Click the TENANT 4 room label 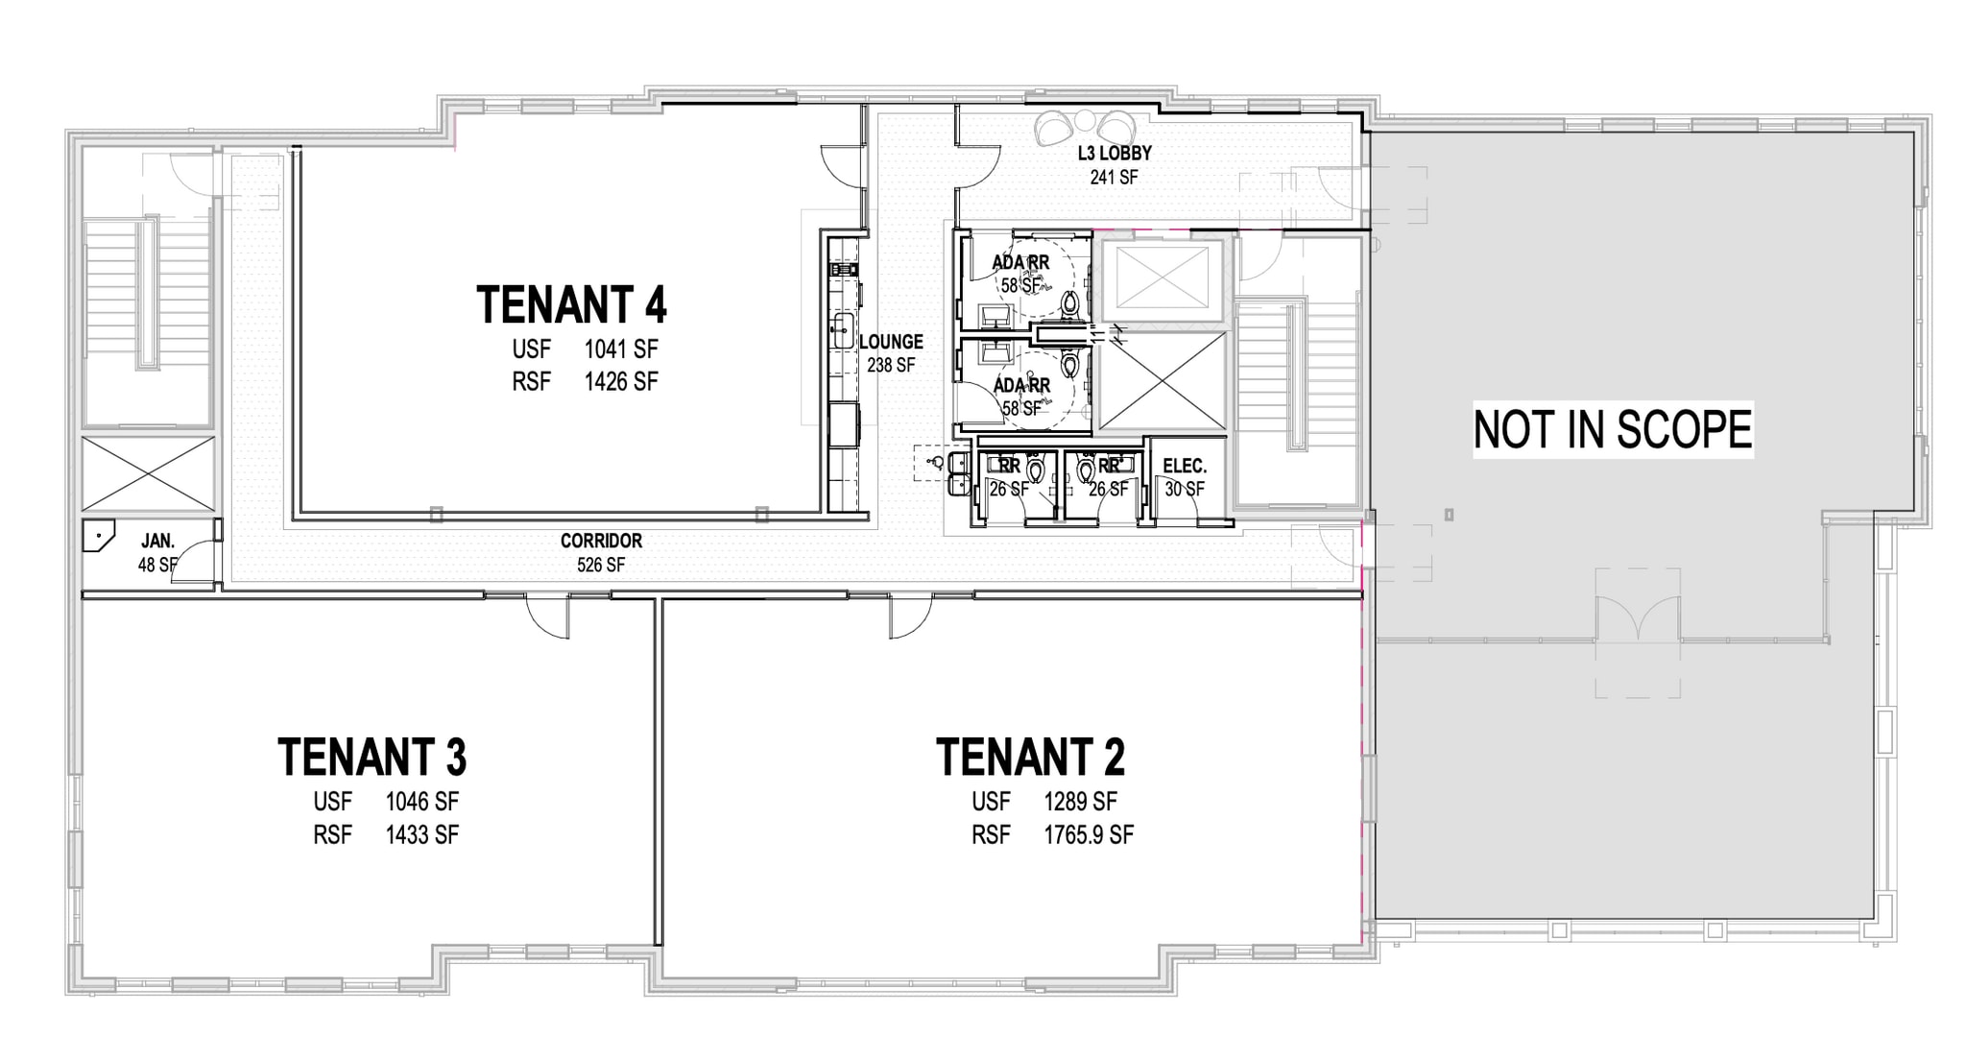pos(571,304)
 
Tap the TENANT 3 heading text pos(372,757)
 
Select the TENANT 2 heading pos(1030,757)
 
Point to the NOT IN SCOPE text pos(1613,429)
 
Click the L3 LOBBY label pos(1115,153)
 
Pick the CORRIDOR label pos(601,541)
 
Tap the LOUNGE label pos(891,341)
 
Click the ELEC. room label pos(1185,466)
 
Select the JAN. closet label pos(157,541)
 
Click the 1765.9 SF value pos(1089,834)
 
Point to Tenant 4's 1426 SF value pos(621,381)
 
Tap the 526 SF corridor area pos(601,565)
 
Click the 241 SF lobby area pos(1115,177)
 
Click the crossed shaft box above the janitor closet pos(149,473)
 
